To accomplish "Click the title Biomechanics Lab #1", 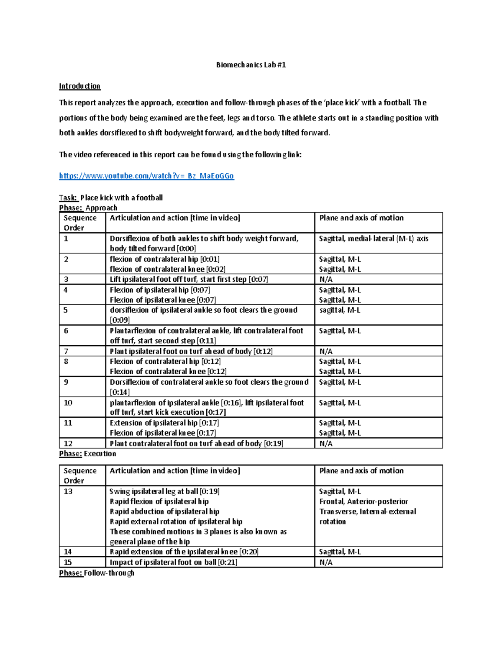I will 251,65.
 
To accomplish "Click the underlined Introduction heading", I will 79,86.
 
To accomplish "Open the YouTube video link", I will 146,176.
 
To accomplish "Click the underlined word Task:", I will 68,198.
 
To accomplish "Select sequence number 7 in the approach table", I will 66,351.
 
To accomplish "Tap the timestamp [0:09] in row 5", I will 120,320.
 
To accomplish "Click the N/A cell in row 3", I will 326,279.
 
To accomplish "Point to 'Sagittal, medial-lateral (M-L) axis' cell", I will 374,239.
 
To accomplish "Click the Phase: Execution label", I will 87,454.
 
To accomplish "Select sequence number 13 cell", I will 68,491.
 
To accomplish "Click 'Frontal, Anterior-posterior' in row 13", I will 364,501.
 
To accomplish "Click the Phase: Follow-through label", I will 97,573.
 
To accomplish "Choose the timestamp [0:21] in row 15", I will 227,563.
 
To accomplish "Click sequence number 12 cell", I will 68,443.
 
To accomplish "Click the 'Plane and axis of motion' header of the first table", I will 361,218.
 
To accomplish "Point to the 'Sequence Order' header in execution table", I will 79,475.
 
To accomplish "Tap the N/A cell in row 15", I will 326,563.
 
